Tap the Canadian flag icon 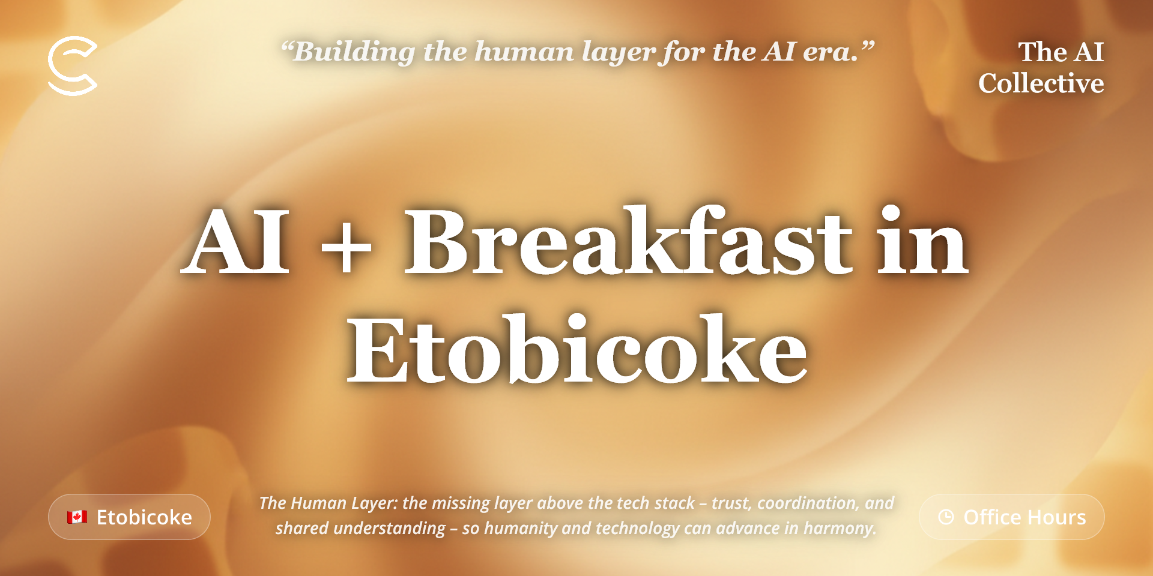77,517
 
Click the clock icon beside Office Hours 946,517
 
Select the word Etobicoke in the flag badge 144,517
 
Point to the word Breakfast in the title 628,241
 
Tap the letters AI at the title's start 236,241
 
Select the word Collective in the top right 1041,83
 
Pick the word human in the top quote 524,52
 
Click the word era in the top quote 831,53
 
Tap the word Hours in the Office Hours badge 1057,517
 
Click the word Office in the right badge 992,517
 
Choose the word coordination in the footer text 808,503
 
